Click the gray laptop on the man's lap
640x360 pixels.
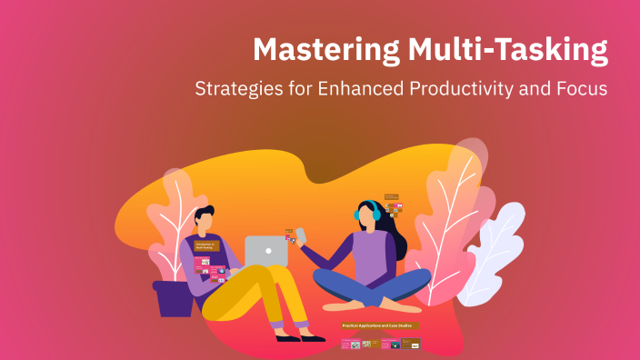pyautogui.click(x=265, y=252)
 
